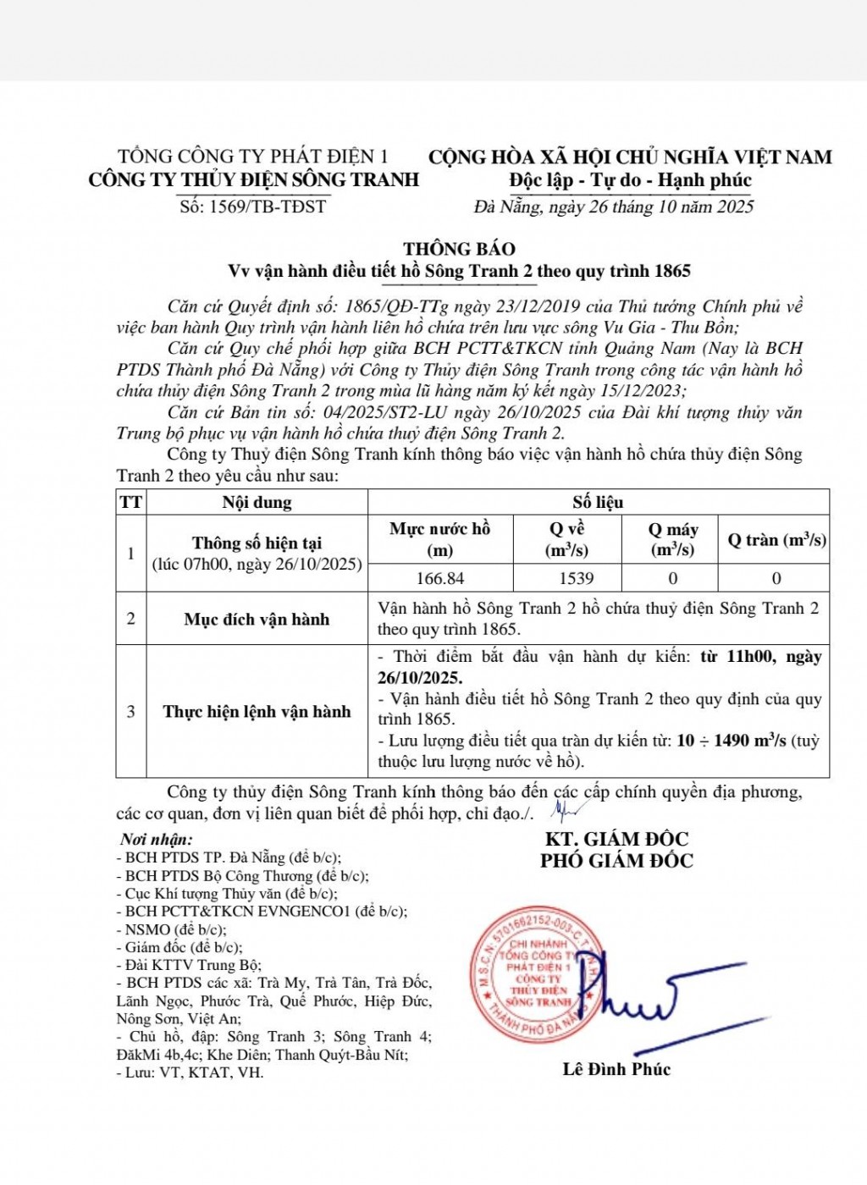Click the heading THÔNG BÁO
tap(459, 249)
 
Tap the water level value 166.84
tap(440, 578)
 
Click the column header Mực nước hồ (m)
tap(440, 539)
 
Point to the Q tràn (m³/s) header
tap(776, 540)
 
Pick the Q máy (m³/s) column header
tap(672, 539)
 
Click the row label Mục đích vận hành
tap(257, 620)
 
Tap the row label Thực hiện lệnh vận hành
tap(257, 712)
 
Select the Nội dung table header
tap(257, 503)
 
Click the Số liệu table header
tap(598, 503)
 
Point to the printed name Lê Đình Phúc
tap(616, 1069)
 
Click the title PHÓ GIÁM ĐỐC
tap(616, 861)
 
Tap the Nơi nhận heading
tap(157, 840)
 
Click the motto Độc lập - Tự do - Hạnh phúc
tap(630, 180)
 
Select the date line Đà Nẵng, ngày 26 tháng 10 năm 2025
tap(614, 207)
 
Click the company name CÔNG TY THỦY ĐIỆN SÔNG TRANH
tap(254, 179)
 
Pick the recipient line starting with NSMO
tap(171, 929)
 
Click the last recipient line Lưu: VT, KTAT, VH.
tap(191, 1072)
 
